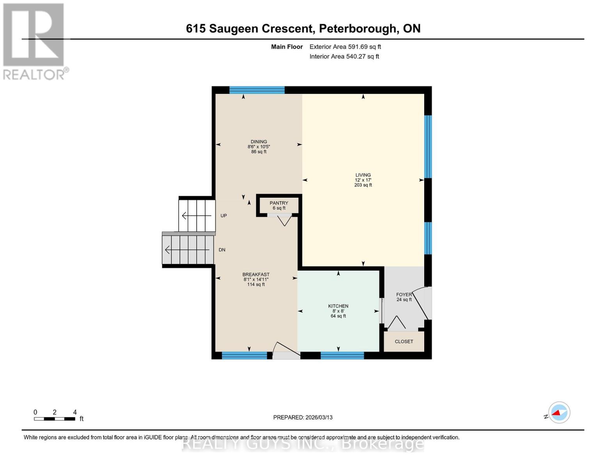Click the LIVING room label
(x=363, y=175)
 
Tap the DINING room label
(x=259, y=142)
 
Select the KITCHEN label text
(x=338, y=306)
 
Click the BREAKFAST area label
(x=256, y=275)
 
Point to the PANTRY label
(x=279, y=203)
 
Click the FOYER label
(x=403, y=295)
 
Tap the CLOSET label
(x=403, y=342)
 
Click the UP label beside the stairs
(x=224, y=216)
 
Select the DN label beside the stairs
(x=222, y=250)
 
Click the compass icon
(x=559, y=413)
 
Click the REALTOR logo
(x=34, y=41)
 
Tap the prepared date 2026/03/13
(x=303, y=417)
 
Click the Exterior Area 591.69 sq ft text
(x=345, y=47)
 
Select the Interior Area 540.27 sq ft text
(x=344, y=57)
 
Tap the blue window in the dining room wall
(x=257, y=90)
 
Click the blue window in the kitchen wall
(x=342, y=355)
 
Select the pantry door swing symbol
(x=284, y=220)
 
